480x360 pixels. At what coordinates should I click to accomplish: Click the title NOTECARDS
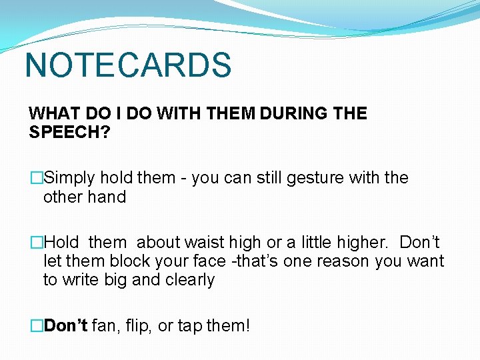coord(128,65)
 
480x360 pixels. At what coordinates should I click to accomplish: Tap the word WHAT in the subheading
coord(51,113)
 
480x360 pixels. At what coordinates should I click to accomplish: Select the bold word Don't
coord(65,326)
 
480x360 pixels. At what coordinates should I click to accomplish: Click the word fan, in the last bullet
coord(104,326)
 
